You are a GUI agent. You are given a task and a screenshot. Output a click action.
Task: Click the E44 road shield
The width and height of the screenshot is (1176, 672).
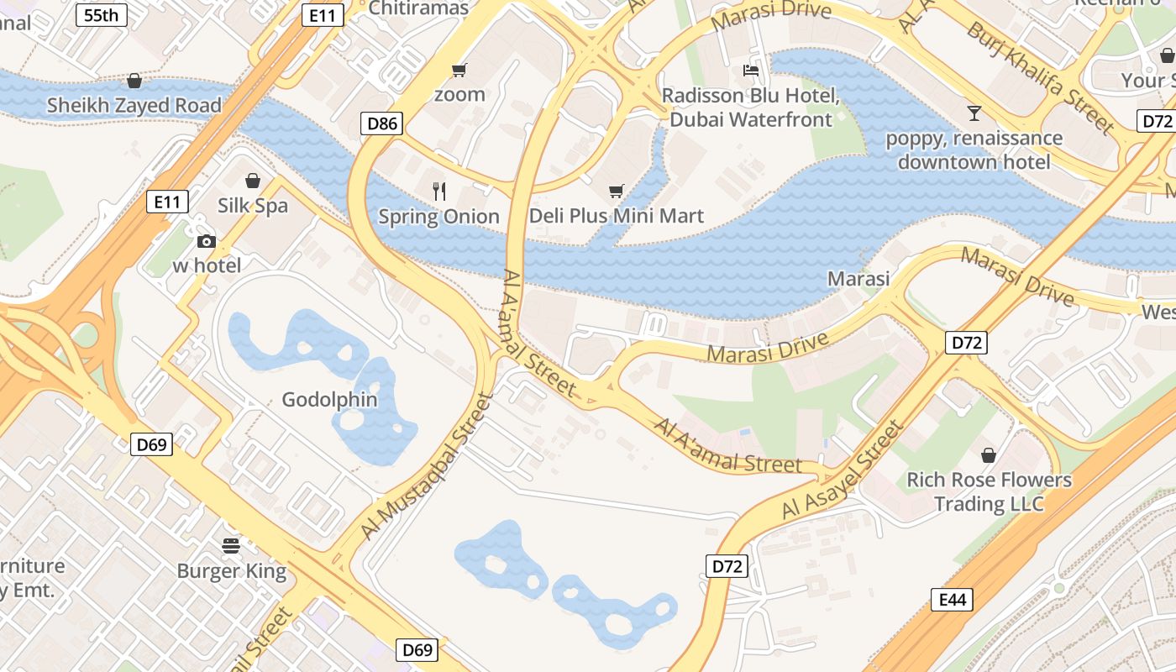click(953, 600)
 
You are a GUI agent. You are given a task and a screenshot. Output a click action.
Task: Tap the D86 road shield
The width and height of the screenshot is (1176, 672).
click(383, 124)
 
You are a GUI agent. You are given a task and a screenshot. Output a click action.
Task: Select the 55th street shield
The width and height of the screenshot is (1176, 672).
click(102, 14)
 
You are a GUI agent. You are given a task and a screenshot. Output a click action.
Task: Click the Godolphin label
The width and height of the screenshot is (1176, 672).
click(329, 400)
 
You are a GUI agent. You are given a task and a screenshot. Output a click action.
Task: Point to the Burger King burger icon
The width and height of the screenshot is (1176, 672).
click(231, 546)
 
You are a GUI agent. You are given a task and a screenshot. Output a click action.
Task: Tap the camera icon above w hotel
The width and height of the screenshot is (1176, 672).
click(206, 242)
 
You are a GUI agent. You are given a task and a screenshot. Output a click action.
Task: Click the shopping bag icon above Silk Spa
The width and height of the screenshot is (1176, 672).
click(253, 181)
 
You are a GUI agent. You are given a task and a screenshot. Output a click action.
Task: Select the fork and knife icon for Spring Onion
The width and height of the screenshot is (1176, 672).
click(438, 191)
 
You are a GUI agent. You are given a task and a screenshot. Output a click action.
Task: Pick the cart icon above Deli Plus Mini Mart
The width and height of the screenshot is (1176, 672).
click(617, 191)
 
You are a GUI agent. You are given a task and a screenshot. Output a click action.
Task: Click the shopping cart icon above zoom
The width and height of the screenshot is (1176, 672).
click(459, 69)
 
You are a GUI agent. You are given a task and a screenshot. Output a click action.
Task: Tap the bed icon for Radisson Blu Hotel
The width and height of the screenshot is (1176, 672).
click(750, 71)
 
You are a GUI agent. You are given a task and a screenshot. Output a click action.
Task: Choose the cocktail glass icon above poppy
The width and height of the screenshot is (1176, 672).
click(974, 113)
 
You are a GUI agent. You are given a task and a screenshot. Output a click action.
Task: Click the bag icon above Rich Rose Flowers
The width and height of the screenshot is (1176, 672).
click(989, 455)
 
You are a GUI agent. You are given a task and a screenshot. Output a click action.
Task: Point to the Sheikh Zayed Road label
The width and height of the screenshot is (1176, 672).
click(134, 106)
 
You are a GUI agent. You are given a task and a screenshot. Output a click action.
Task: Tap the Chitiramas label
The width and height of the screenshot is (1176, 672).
click(418, 8)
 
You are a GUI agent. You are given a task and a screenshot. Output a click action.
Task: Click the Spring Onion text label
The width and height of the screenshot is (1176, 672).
click(438, 217)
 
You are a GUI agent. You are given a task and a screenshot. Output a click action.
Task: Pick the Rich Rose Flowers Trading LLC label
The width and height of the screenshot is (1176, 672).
click(989, 492)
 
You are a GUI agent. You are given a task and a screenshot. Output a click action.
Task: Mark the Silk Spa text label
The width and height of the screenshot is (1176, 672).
click(253, 206)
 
